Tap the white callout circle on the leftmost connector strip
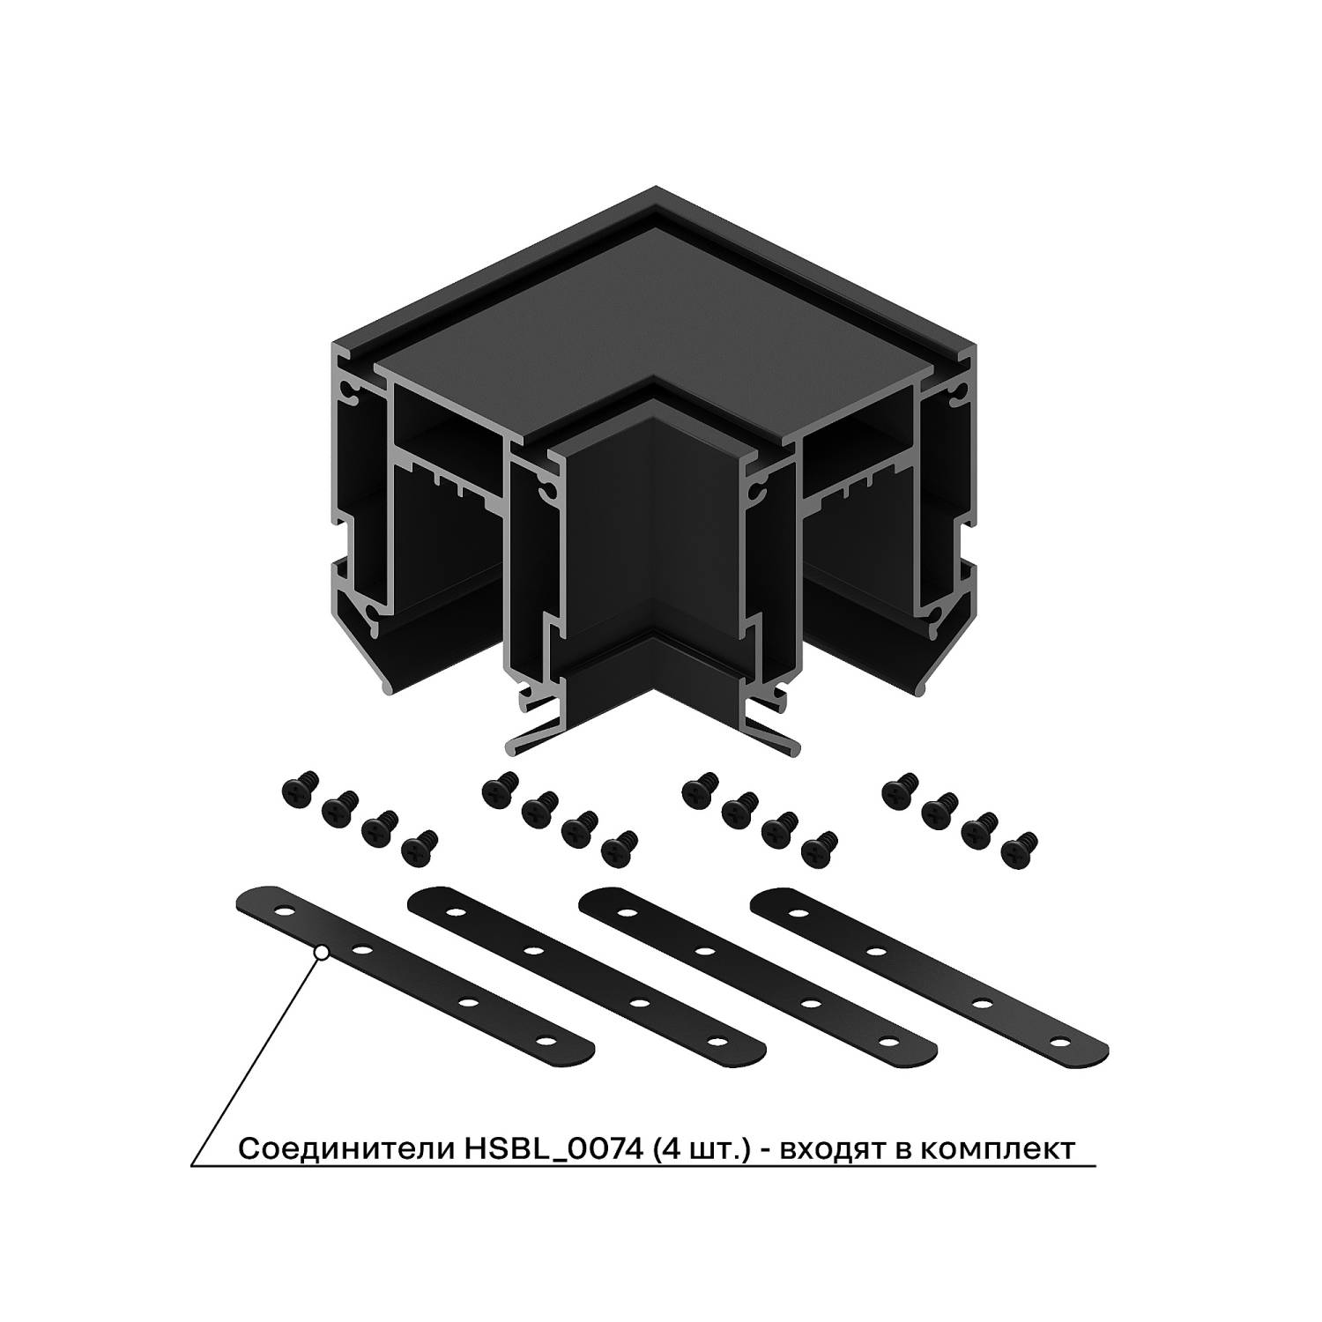[x=323, y=951]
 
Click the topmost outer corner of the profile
[x=656, y=187]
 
